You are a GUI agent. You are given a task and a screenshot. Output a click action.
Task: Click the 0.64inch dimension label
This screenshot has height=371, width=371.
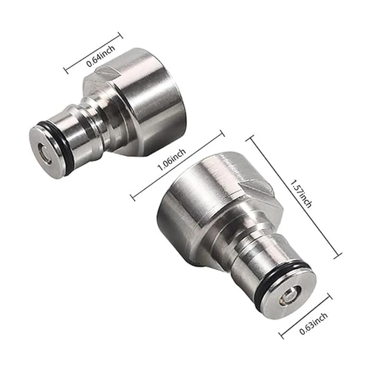point(101,56)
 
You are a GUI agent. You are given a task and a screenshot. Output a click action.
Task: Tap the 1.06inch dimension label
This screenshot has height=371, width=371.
point(172,159)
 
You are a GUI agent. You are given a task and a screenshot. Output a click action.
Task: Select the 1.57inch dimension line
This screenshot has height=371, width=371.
point(294,198)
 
